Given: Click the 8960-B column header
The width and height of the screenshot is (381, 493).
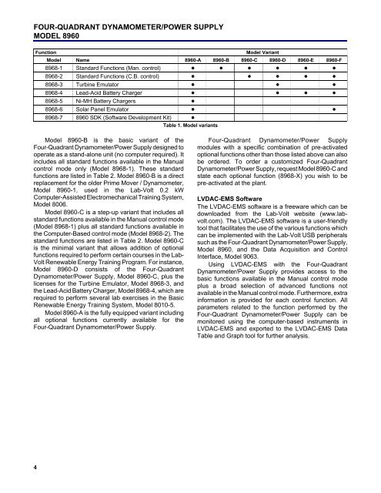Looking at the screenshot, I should pyautogui.click(x=222, y=59).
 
